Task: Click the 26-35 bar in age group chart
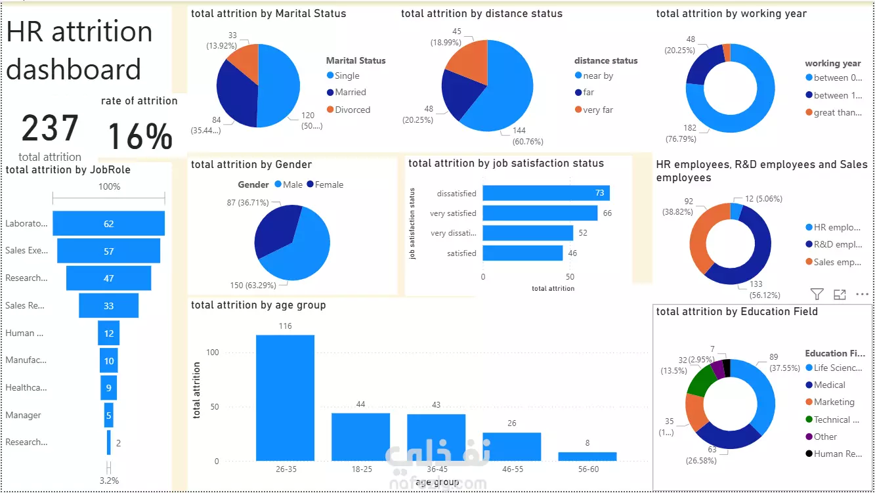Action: click(x=285, y=397)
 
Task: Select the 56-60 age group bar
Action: click(x=587, y=456)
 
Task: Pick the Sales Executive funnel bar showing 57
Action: click(x=108, y=251)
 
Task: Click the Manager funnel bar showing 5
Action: click(x=108, y=415)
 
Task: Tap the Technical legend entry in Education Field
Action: click(x=836, y=419)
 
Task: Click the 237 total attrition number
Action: click(x=50, y=129)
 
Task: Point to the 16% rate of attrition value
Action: click(x=140, y=136)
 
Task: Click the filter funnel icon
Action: click(x=817, y=294)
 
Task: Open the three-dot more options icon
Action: click(x=862, y=294)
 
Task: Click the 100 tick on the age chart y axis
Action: click(x=211, y=353)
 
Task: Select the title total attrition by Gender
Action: click(x=251, y=165)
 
